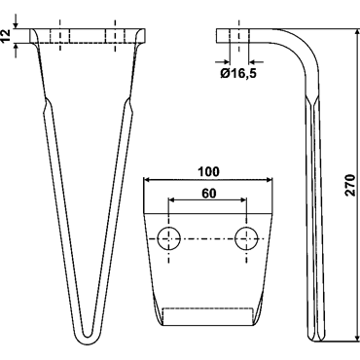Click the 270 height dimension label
click(349, 185)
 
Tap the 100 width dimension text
click(209, 172)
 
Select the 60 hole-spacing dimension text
click(208, 194)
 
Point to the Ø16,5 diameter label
click(238, 74)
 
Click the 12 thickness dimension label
click(6, 36)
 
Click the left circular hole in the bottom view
click(168, 238)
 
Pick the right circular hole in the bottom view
click(246, 238)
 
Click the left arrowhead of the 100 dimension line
click(148, 179)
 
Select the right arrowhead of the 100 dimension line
click(268, 179)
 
